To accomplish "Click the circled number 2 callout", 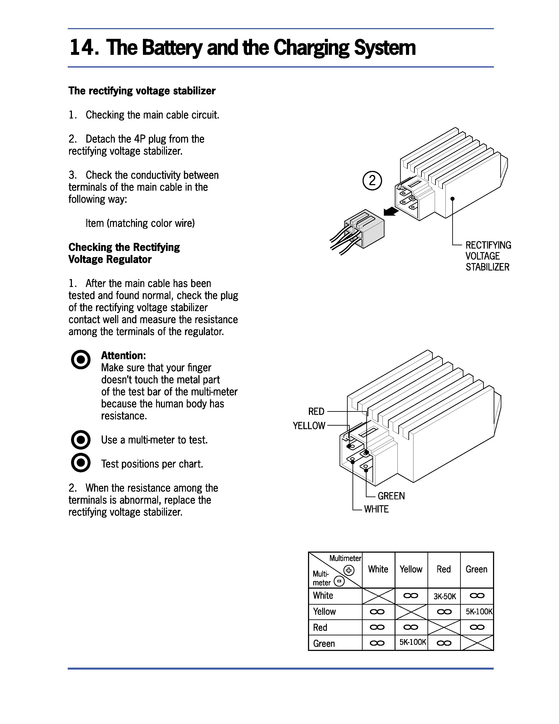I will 372,181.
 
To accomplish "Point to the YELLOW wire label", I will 309,426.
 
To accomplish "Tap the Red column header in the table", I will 443,569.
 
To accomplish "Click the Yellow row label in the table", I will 324,612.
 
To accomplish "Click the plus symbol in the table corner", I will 349,570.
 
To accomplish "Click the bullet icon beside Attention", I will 80,360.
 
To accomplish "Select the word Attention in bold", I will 123,356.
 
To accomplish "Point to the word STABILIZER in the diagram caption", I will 487,267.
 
